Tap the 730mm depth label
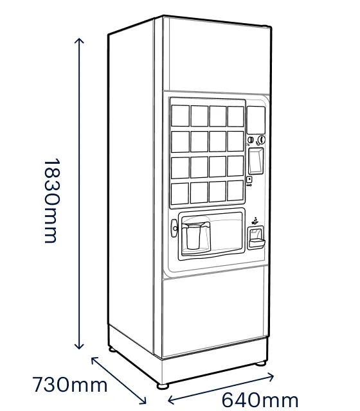coord(70,385)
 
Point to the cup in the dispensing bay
coord(194,236)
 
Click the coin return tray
coord(256,238)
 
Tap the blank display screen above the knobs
coord(256,120)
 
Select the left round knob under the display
coord(251,140)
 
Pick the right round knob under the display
coord(261,140)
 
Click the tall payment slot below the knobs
coord(256,161)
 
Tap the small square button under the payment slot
coord(249,180)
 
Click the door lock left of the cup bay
coord(174,228)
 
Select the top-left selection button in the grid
coord(180,116)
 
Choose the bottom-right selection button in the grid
coord(235,191)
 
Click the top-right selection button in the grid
coord(236,117)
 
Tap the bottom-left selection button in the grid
coord(180,194)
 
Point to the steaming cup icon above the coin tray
coord(255,221)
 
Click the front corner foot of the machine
coord(163,386)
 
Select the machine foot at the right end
coord(260,363)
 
